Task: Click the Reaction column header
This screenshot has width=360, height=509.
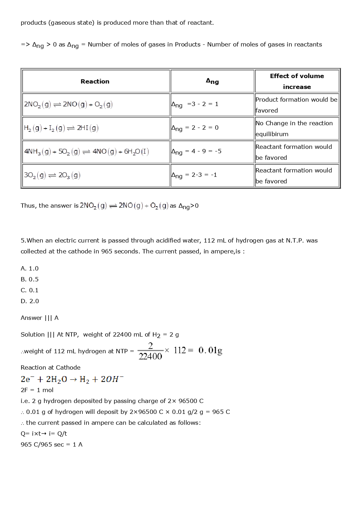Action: click(95, 81)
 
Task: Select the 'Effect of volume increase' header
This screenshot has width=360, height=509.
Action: click(297, 81)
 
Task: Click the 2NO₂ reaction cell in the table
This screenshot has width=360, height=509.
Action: click(68, 105)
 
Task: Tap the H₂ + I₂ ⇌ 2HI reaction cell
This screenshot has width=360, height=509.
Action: click(61, 128)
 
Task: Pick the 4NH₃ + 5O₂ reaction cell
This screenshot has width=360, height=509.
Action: click(86, 151)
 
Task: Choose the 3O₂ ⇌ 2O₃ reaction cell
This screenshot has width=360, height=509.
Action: click(52, 175)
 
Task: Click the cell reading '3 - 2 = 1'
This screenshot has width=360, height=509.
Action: click(202, 104)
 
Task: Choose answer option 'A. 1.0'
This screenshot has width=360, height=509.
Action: click(30, 268)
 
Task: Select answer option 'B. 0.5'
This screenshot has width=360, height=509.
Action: click(30, 279)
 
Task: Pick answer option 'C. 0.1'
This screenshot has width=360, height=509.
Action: click(30, 290)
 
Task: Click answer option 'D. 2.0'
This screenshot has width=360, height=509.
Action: click(30, 301)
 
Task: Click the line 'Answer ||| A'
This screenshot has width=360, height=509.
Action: click(40, 318)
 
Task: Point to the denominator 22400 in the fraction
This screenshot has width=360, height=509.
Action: click(150, 356)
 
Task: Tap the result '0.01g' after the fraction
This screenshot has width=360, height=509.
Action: click(210, 350)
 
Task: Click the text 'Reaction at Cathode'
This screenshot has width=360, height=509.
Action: click(50, 367)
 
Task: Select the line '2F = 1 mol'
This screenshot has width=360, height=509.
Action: click(37, 390)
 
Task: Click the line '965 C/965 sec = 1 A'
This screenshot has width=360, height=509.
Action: click(52, 444)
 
